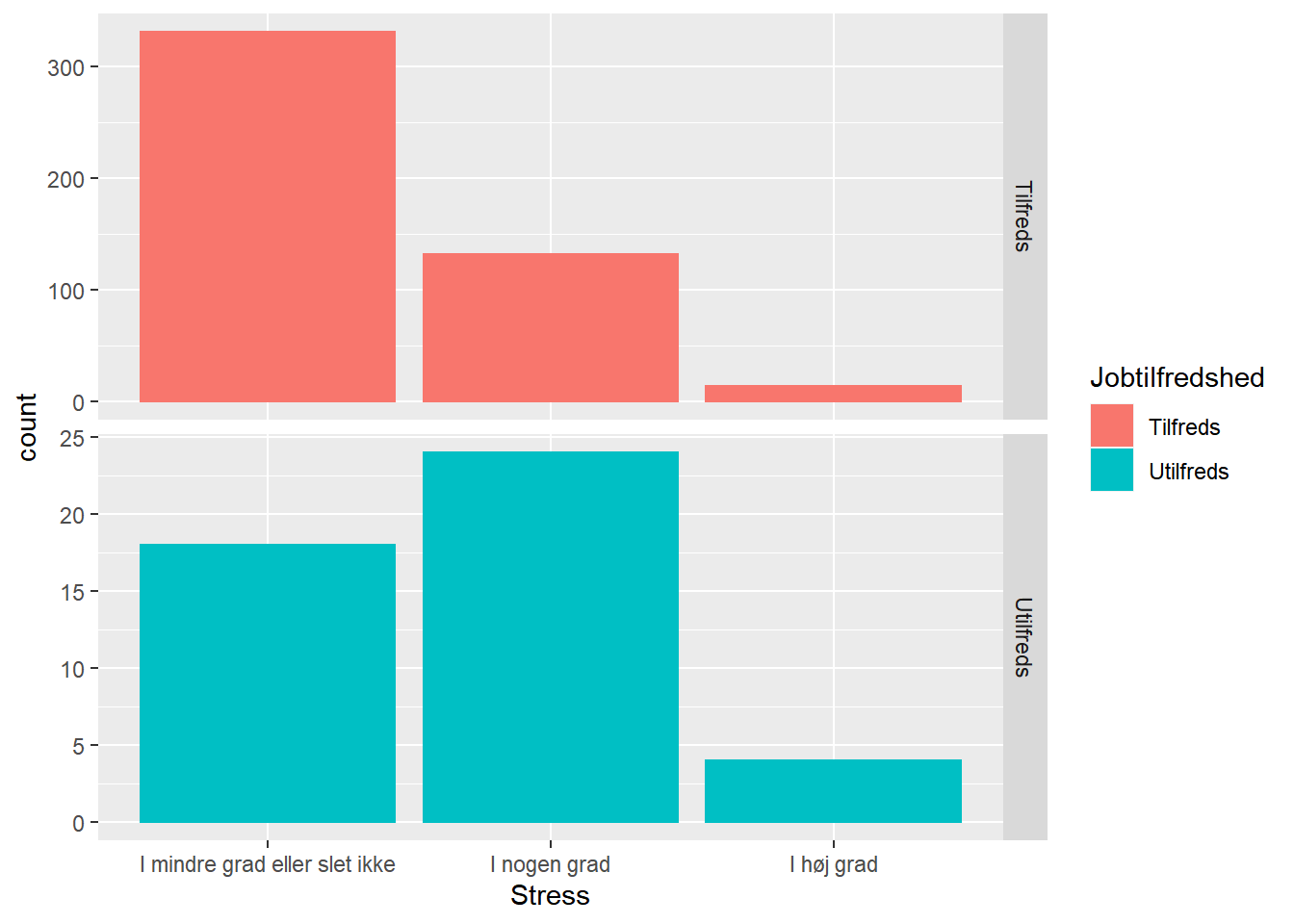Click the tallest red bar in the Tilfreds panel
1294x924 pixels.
pos(268,217)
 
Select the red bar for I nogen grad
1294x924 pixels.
pos(551,327)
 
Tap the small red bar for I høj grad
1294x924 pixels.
pos(833,394)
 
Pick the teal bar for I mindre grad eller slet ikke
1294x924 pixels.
pos(268,683)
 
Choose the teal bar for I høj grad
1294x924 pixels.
pos(833,791)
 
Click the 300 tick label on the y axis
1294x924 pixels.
pos(65,68)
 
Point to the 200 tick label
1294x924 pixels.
pos(65,180)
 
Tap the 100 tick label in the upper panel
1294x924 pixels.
pos(65,292)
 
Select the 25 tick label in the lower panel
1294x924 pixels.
pos(72,439)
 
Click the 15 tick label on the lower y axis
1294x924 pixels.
pos(72,593)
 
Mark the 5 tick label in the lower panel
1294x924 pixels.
pos(78,747)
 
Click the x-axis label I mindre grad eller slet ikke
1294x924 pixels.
pos(268,864)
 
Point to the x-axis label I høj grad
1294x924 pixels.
pos(834,864)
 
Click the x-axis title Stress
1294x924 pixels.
pos(550,896)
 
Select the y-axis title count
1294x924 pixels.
pos(27,427)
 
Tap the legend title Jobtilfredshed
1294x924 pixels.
pos(1177,378)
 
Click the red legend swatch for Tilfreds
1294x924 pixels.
pos(1112,426)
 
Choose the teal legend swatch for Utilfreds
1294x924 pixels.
pos(1112,471)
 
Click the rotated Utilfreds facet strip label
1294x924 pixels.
pos(1023,637)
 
